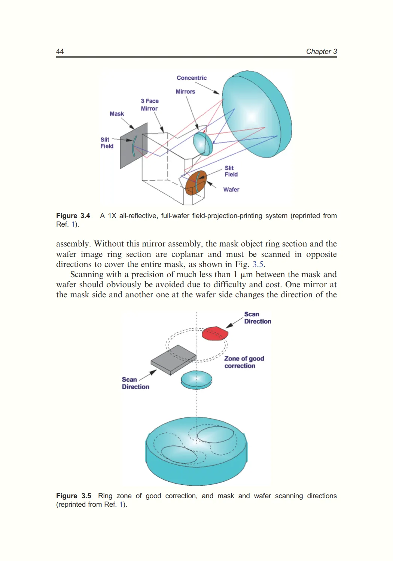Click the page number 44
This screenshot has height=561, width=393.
(x=60, y=52)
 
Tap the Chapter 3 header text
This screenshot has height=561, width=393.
(x=321, y=52)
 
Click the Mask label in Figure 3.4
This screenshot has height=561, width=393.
(x=116, y=114)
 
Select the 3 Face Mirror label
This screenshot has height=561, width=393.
(x=149, y=105)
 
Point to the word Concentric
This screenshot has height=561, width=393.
(x=191, y=78)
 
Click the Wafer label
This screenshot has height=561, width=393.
(x=231, y=190)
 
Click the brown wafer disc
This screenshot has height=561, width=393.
(x=196, y=183)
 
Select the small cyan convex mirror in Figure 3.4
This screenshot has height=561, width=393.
(x=202, y=143)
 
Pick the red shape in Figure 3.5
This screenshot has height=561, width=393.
(x=214, y=333)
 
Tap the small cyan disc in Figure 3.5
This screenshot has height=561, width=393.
(x=196, y=380)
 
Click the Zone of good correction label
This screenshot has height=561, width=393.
(x=244, y=362)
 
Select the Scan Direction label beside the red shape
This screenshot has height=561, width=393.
(x=258, y=318)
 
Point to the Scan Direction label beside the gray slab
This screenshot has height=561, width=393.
(x=135, y=383)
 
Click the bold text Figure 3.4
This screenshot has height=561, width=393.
(x=73, y=216)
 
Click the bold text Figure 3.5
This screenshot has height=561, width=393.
(x=73, y=496)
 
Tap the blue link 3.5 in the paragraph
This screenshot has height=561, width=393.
(x=258, y=264)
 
